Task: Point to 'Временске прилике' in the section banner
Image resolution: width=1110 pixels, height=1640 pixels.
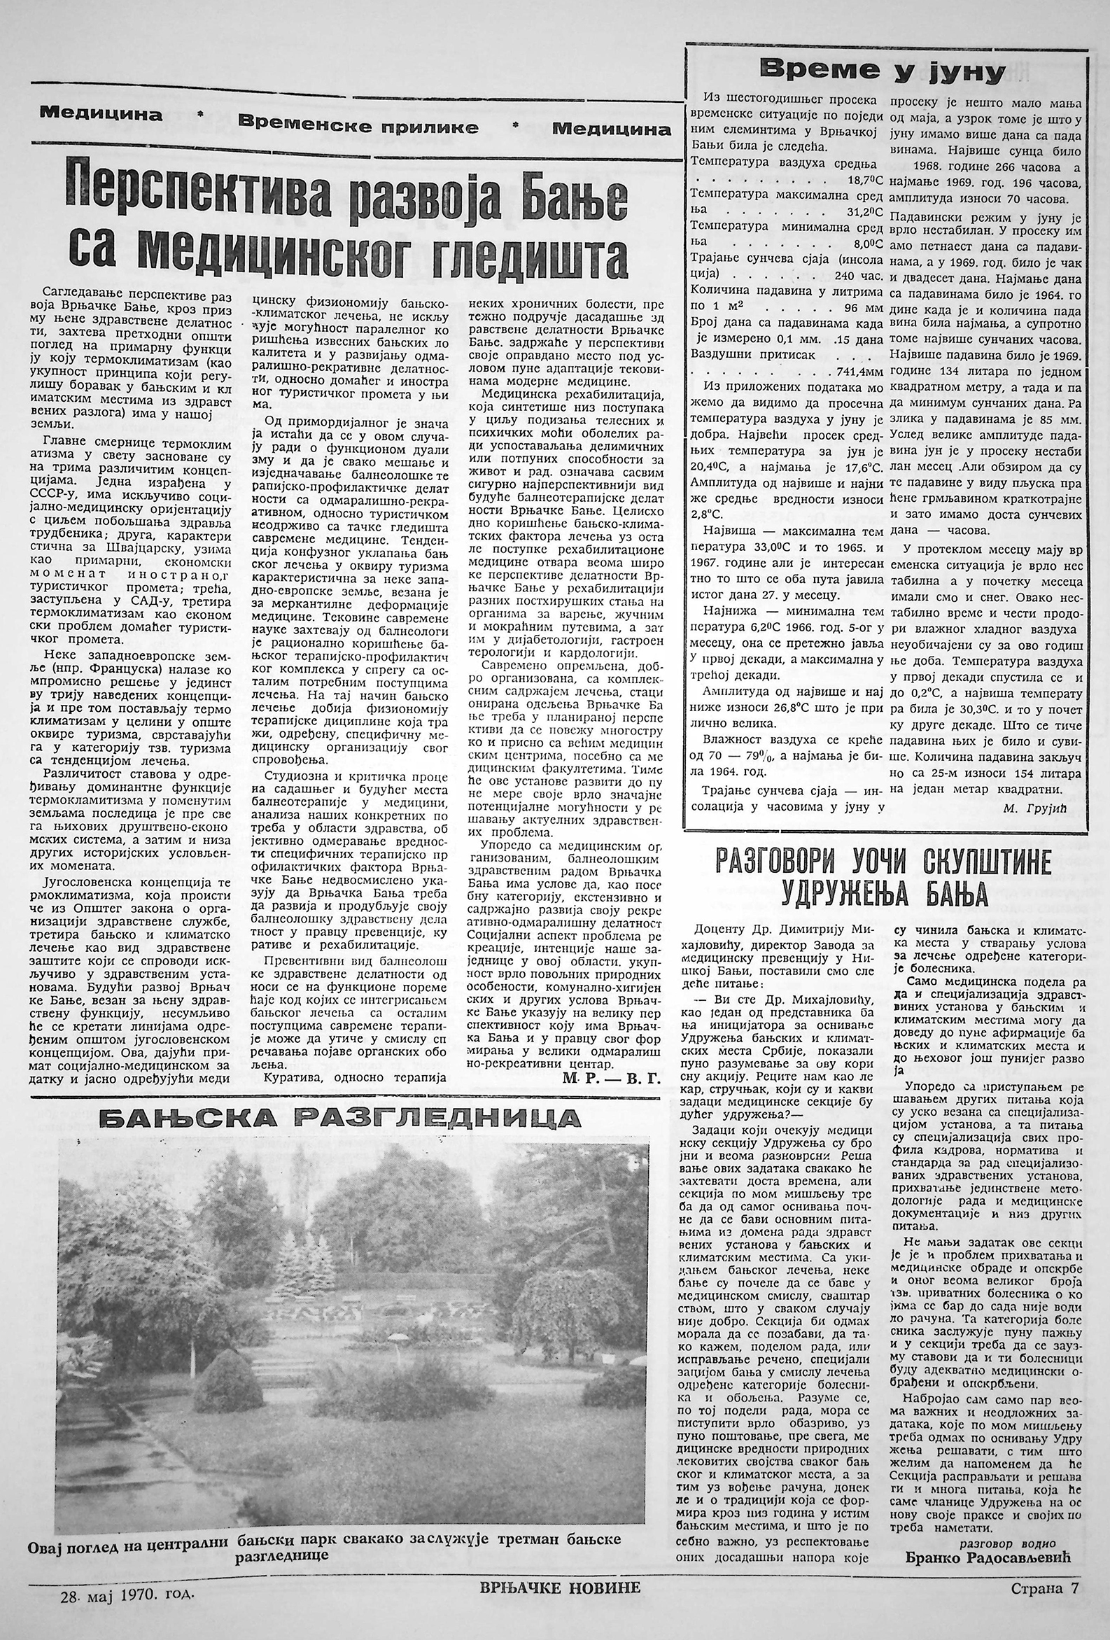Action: click(358, 126)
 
